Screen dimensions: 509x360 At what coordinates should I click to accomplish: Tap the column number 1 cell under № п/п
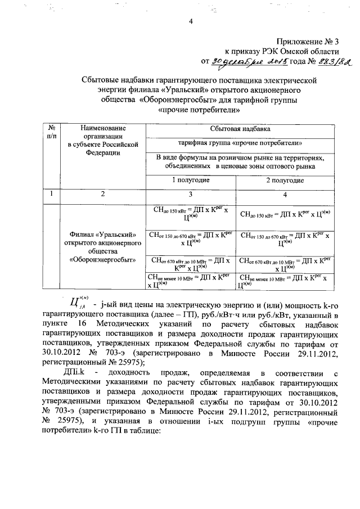[52, 194]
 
